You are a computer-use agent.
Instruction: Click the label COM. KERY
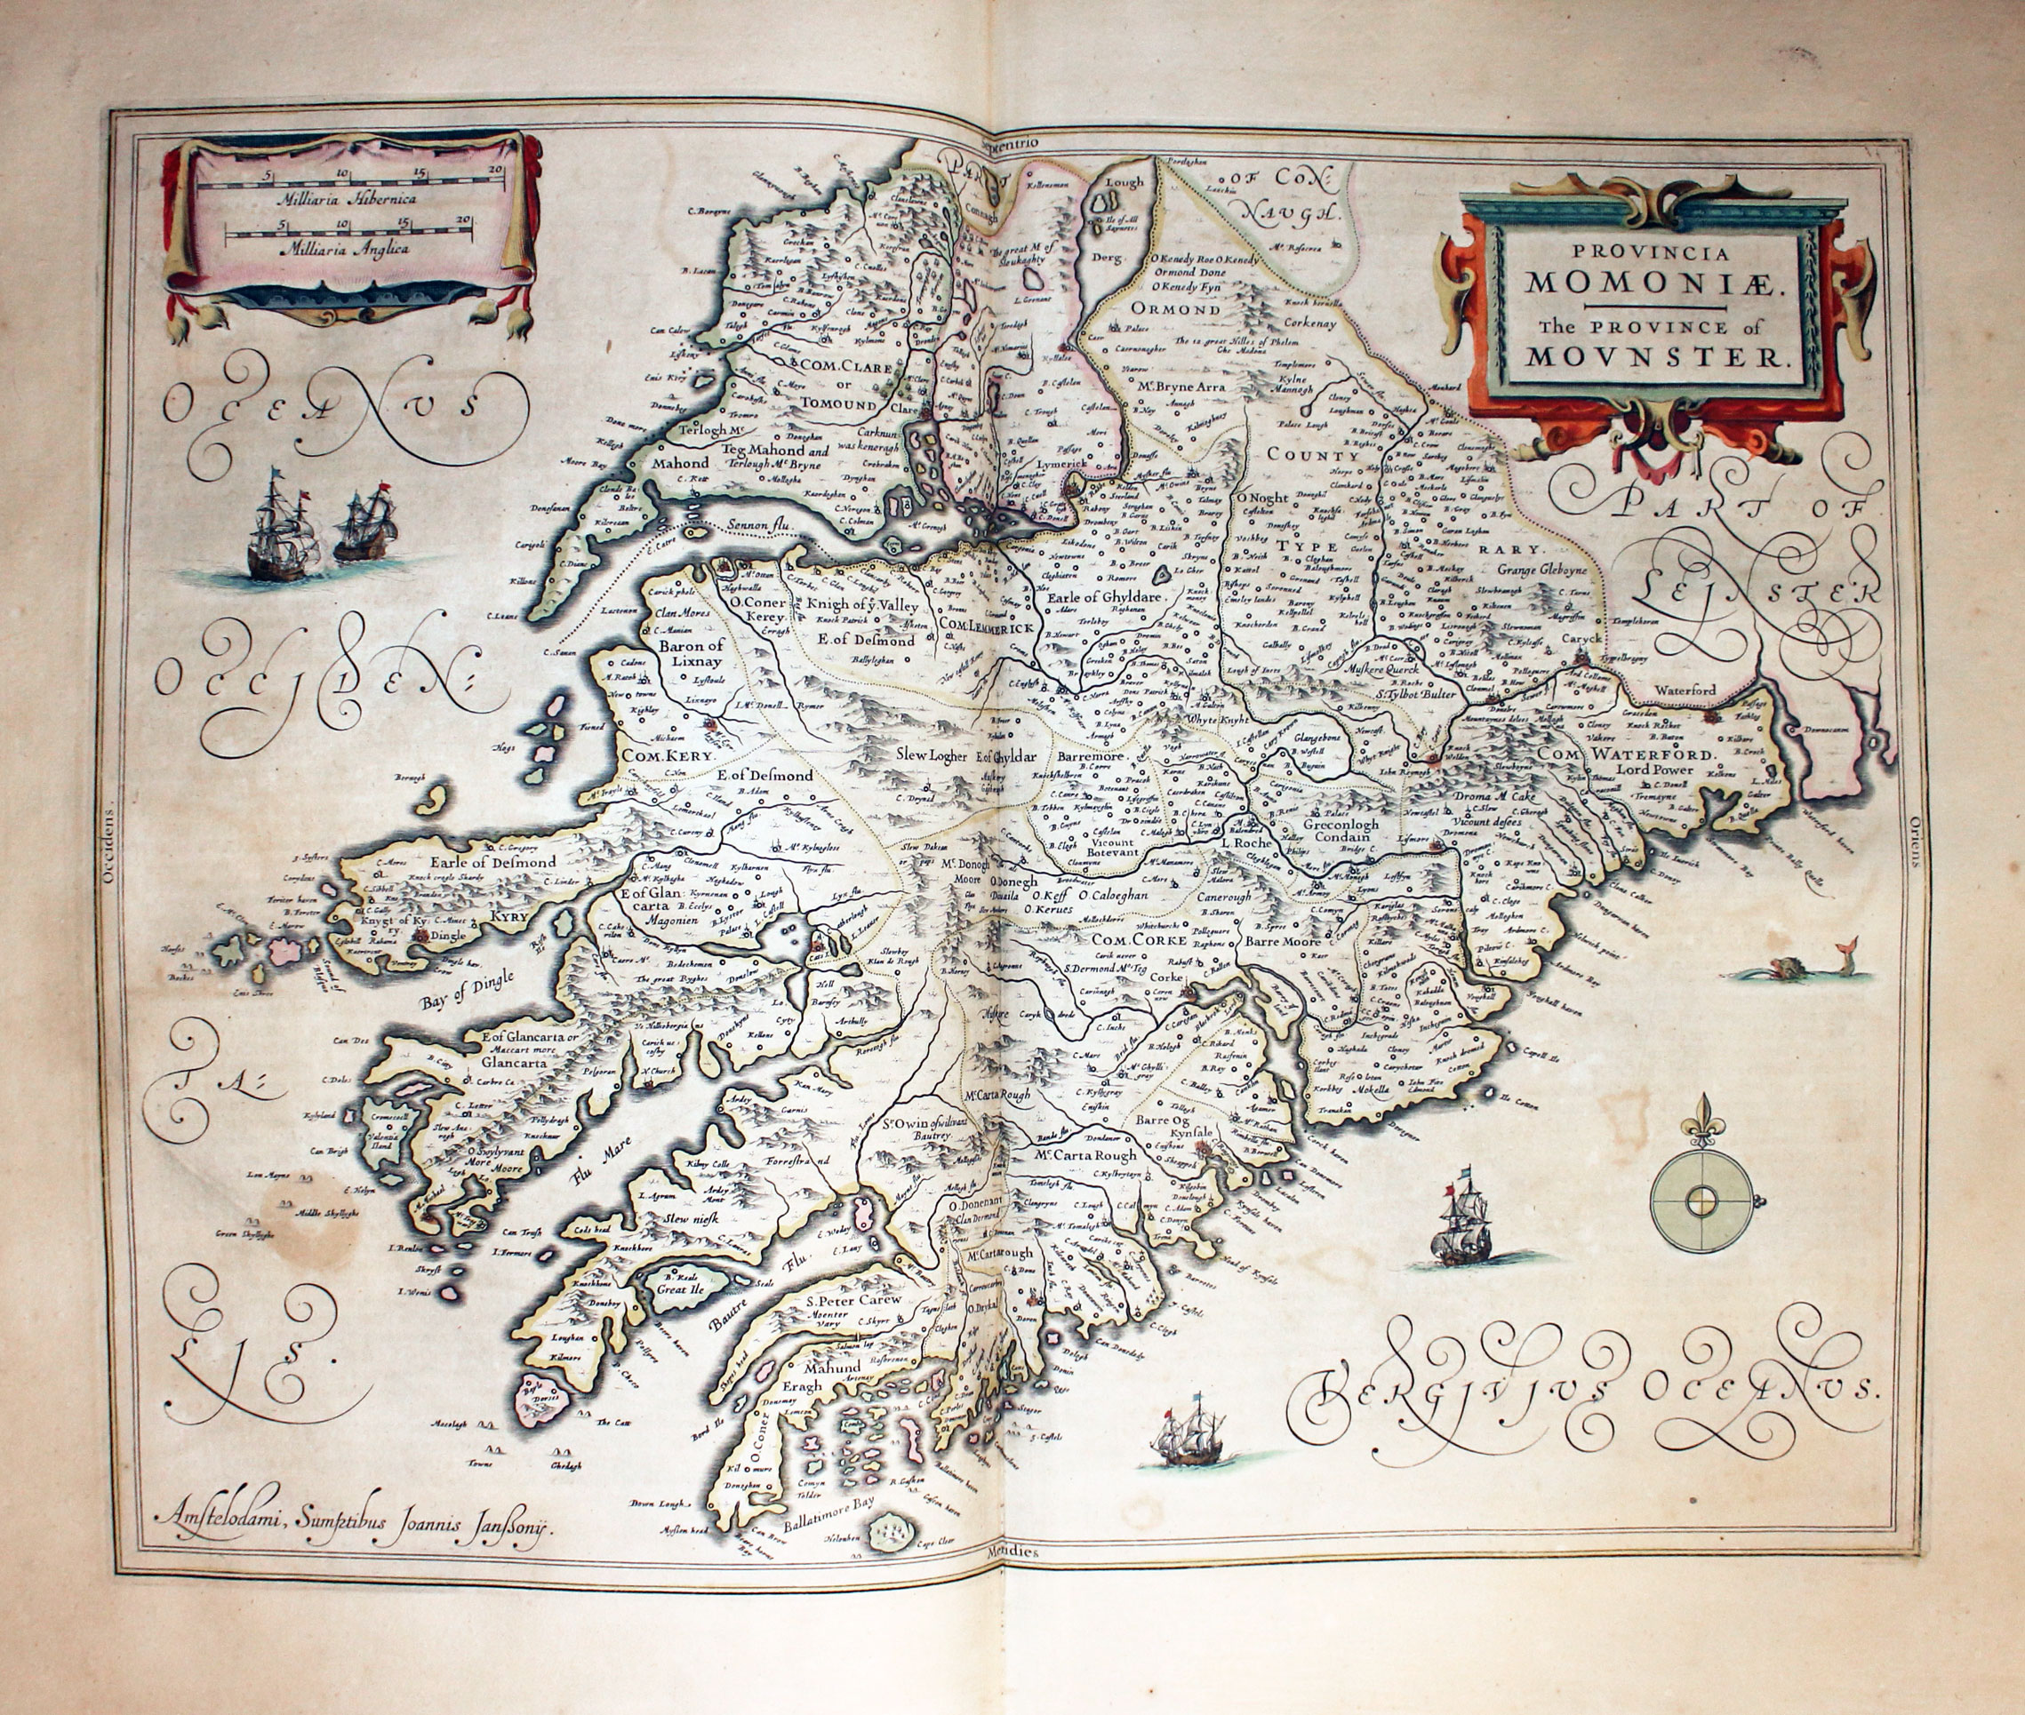click(x=669, y=755)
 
